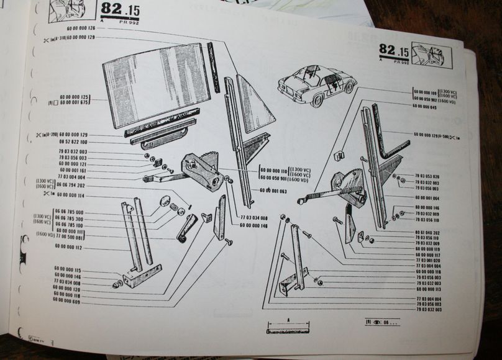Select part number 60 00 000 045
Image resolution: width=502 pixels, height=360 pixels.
point(424,107)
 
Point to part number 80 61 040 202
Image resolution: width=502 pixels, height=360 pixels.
point(428,232)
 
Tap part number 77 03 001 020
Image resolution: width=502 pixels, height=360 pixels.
point(428,260)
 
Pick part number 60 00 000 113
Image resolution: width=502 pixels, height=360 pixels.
point(429,289)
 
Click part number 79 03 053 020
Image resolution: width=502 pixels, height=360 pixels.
point(428,176)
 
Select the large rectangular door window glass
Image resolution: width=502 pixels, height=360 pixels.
point(155,83)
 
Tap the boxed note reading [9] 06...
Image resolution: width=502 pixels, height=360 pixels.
point(382,322)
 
